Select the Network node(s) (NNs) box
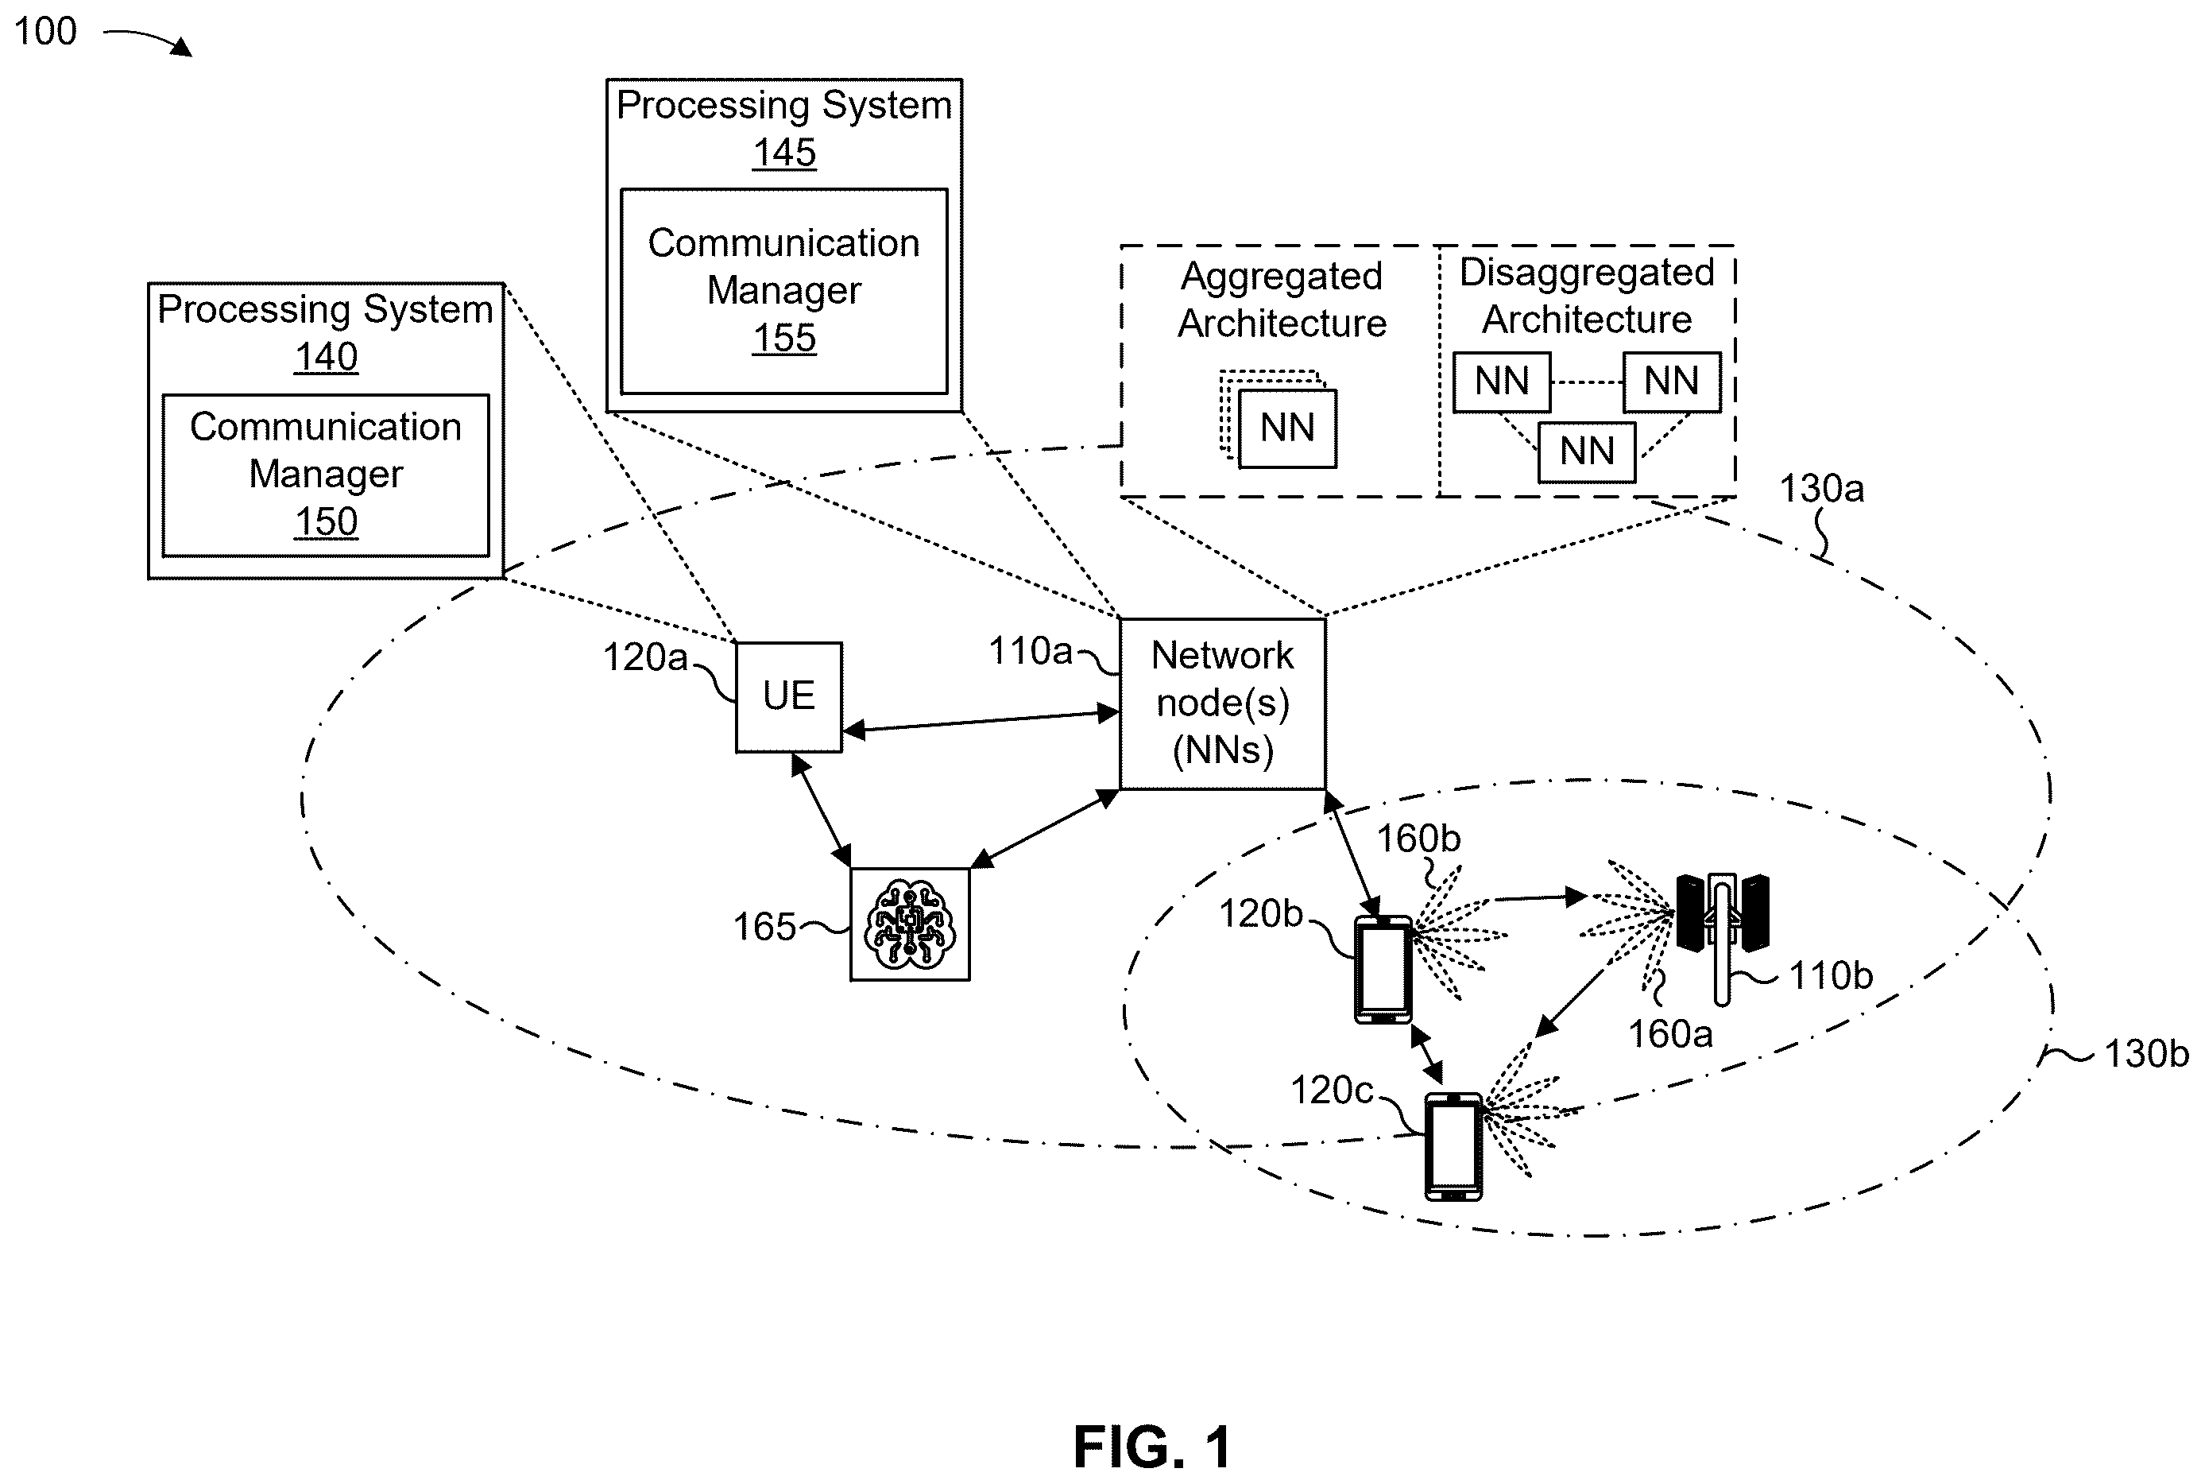pyautogui.click(x=1222, y=703)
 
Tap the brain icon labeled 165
pyautogui.click(x=910, y=924)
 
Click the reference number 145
pyautogui.click(x=784, y=153)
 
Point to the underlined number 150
pyautogui.click(x=326, y=521)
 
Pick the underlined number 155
pyautogui.click(x=784, y=338)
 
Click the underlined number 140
pyautogui.click(x=326, y=357)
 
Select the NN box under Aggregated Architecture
pyautogui.click(x=1287, y=428)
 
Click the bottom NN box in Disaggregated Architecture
pyautogui.click(x=1586, y=451)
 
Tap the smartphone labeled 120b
pyautogui.click(x=1383, y=969)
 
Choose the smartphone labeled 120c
pyautogui.click(x=1453, y=1146)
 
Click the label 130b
pyautogui.click(x=2146, y=1053)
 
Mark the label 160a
pyautogui.click(x=1669, y=1033)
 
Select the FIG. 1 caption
pyautogui.click(x=1151, y=1447)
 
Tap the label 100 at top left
pyautogui.click(x=45, y=31)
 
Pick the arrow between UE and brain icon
pyautogui.click(x=820, y=810)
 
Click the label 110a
pyautogui.click(x=1030, y=651)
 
